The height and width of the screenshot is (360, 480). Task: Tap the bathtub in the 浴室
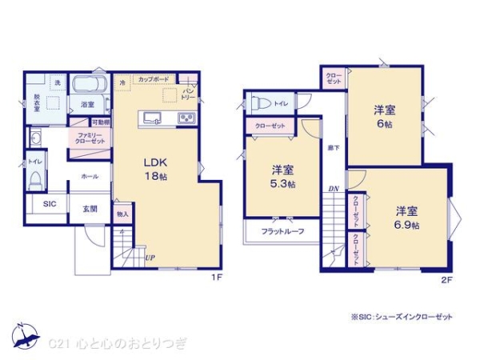(x=89, y=86)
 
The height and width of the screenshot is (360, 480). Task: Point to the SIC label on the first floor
(x=50, y=205)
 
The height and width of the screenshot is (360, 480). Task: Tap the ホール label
(x=89, y=177)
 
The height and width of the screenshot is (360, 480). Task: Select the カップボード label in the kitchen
(x=154, y=80)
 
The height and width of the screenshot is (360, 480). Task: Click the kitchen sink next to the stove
(x=152, y=119)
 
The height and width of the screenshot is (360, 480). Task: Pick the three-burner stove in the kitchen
(x=186, y=119)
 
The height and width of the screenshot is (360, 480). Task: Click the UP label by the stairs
(x=150, y=258)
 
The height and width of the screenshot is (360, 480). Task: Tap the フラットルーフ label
(x=281, y=232)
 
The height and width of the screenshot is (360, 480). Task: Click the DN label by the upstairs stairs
(x=333, y=190)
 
